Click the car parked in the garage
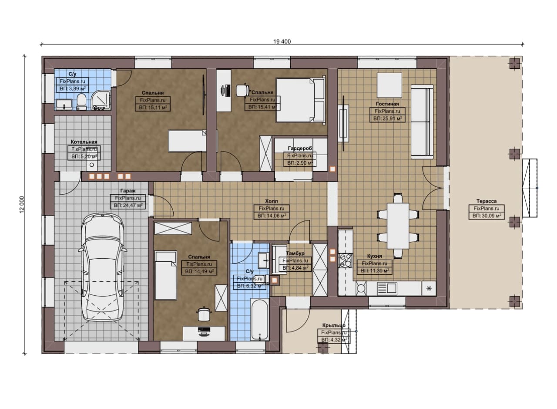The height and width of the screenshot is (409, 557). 102,267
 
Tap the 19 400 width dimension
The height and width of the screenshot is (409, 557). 282,41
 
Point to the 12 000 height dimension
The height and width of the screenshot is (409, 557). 22,204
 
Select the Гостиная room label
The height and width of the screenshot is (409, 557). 387,104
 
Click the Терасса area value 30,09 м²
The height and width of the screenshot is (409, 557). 487,216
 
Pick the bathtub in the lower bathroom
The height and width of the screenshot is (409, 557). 260,320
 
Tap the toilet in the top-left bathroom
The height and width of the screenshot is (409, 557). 81,102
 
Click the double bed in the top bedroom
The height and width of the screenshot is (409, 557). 300,100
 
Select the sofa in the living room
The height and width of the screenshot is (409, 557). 422,122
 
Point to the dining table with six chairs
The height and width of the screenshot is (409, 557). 398,226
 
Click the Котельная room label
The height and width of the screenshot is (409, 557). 84,142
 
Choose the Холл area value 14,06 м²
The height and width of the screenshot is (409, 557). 272,216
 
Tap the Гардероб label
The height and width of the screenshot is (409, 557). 300,149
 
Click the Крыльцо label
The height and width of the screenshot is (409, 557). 334,325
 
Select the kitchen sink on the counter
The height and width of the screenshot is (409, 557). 387,288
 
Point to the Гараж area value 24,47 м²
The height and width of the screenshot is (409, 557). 128,206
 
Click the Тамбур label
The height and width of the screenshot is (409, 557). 295,253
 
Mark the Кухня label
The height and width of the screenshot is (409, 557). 375,256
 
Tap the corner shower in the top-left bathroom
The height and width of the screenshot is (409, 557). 101,100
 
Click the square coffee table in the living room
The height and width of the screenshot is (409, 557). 389,85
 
